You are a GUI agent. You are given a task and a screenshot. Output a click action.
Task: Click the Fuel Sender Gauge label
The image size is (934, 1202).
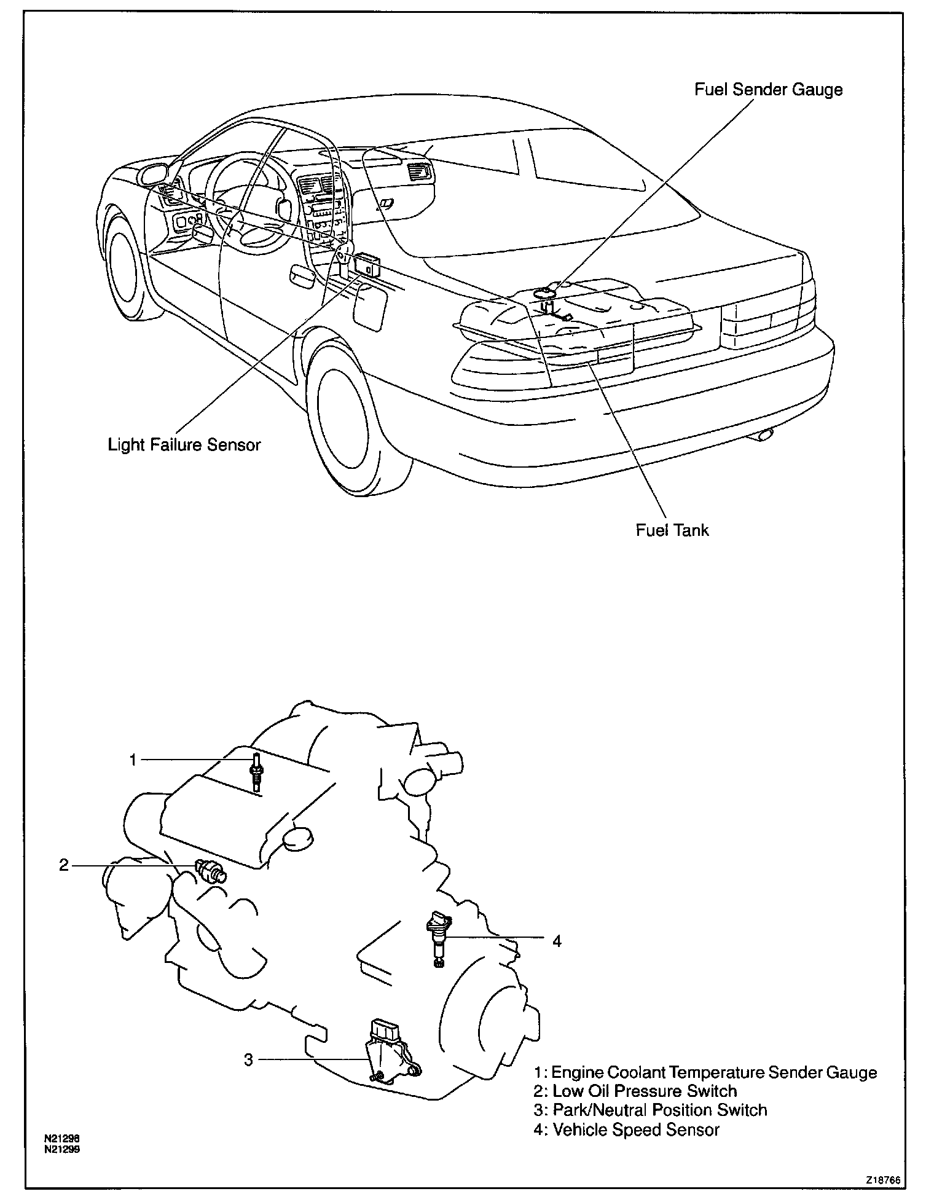click(x=769, y=90)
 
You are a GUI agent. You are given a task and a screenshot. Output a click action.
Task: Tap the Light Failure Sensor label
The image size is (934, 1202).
click(x=184, y=444)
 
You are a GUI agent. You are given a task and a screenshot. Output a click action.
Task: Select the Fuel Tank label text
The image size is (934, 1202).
click(x=672, y=530)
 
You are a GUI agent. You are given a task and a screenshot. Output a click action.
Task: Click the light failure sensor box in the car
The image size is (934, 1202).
click(x=367, y=264)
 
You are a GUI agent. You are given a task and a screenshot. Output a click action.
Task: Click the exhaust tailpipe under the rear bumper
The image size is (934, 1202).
click(x=765, y=435)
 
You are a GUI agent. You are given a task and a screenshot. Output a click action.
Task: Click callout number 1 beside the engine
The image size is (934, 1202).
click(x=133, y=760)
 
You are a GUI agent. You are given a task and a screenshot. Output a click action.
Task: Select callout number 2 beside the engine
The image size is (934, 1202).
click(x=64, y=865)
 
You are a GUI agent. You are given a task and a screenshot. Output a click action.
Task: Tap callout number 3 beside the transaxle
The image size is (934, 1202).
click(x=248, y=1060)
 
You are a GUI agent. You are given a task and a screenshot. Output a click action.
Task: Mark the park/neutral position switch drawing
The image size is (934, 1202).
click(x=391, y=1052)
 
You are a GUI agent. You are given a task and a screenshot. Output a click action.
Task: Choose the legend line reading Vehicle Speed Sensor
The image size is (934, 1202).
click(x=626, y=1129)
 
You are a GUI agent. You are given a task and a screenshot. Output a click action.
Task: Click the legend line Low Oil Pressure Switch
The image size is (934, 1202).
click(x=635, y=1091)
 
